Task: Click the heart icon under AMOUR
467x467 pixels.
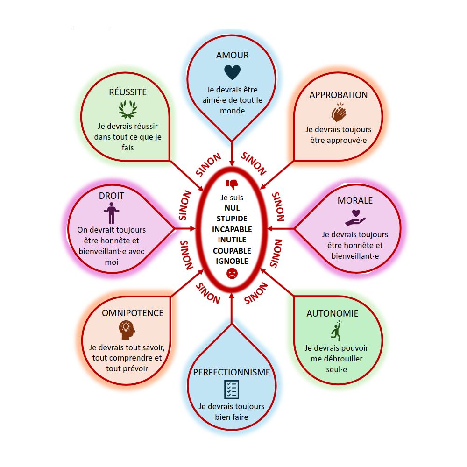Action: [x=232, y=72]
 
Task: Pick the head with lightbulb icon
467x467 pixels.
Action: [x=127, y=330]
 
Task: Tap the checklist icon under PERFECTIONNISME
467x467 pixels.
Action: [x=232, y=389]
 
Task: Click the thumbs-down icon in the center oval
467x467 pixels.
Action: [x=232, y=184]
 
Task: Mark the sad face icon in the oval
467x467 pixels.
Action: [x=232, y=274]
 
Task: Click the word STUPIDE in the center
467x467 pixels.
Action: [x=232, y=218]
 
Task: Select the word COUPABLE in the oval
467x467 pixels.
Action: [x=232, y=251]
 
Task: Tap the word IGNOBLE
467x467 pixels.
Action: [x=232, y=261]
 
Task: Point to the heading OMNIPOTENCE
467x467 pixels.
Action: [x=133, y=313]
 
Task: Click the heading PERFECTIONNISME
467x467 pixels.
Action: [x=232, y=372]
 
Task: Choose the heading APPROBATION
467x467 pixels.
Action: [x=339, y=95]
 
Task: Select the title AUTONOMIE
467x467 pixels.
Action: [x=333, y=313]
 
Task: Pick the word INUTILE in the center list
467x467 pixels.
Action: [x=232, y=240]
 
